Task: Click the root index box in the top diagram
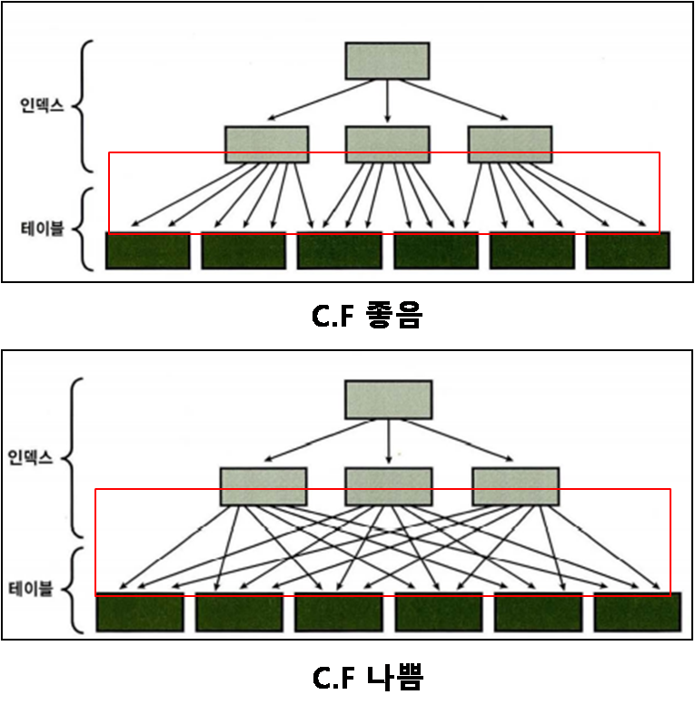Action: coord(387,61)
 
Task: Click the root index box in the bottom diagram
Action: coord(389,400)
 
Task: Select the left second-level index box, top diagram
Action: coord(267,144)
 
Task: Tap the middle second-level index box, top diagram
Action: coord(388,144)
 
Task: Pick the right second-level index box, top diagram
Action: coord(510,144)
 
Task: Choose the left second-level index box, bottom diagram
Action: coord(263,486)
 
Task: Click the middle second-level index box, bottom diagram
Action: coord(389,486)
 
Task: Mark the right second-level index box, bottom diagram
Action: coord(516,486)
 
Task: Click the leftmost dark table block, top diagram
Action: coord(148,250)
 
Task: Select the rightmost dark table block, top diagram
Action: coord(628,250)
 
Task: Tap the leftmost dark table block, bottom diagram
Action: coord(140,612)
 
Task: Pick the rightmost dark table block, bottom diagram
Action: coord(638,612)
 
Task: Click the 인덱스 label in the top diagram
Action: coord(42,106)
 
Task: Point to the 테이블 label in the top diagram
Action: coord(42,229)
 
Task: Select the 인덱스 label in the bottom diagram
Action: coord(30,457)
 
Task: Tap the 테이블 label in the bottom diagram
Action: coord(31,589)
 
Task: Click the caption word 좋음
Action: coord(393,315)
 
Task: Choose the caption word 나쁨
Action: coord(395,678)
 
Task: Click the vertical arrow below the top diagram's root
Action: coord(388,101)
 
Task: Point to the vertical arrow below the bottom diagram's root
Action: coord(389,442)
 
